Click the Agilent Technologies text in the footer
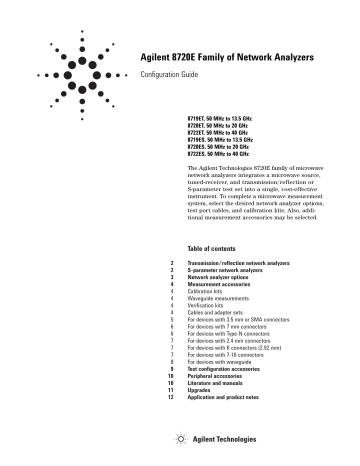coord(223,441)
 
